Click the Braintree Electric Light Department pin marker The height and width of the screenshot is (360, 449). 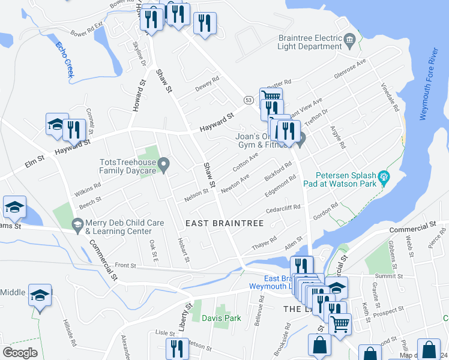click(x=350, y=41)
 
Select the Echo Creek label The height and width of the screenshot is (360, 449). click(x=64, y=58)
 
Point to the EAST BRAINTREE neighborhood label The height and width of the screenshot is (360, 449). click(x=224, y=223)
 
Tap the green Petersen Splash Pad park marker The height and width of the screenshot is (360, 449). click(x=385, y=177)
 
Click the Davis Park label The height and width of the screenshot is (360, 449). click(x=221, y=318)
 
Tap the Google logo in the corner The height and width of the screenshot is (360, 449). click(x=20, y=352)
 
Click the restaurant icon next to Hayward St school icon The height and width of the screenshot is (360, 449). click(x=74, y=128)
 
